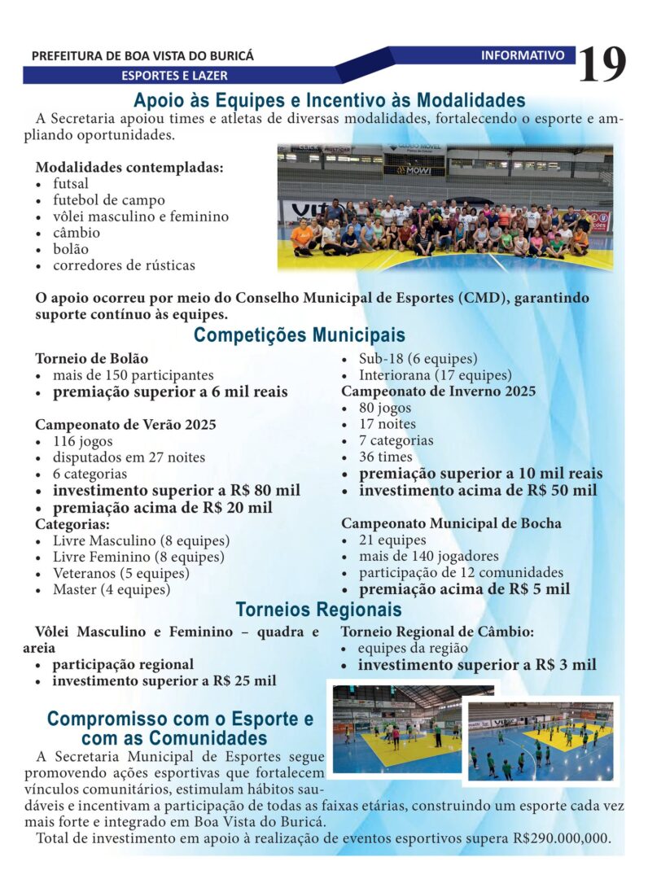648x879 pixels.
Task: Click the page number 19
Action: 602,64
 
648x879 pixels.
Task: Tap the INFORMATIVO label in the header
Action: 523,55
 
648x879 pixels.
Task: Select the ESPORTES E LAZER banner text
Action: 174,76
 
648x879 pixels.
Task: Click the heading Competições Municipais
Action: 299,335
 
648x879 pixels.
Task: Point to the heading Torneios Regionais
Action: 318,610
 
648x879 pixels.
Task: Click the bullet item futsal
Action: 71,184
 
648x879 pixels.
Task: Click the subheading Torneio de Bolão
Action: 92,358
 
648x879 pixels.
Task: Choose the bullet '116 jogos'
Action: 83,441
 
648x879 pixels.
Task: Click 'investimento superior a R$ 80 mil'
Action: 176,491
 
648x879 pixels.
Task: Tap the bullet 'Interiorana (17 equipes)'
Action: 435,375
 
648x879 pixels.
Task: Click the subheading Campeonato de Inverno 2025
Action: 438,391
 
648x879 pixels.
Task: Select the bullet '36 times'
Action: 385,457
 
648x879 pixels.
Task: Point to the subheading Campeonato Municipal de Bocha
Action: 451,523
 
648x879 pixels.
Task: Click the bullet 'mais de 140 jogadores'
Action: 428,557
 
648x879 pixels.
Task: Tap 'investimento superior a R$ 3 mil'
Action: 477,665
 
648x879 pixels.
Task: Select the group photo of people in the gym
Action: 444,208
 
